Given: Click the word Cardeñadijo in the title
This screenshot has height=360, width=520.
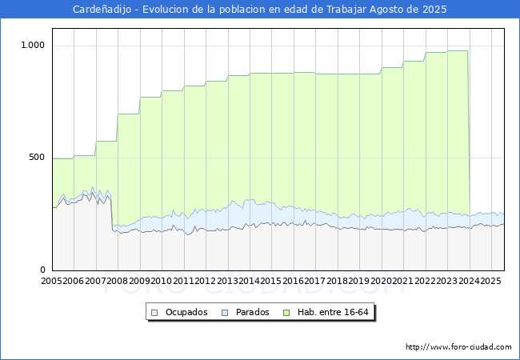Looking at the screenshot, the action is click(102, 10).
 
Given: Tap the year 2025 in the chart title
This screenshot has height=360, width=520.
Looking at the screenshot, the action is click(434, 10).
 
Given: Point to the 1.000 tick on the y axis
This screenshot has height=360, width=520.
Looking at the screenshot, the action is click(33, 45).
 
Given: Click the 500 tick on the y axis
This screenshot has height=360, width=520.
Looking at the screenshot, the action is click(37, 157).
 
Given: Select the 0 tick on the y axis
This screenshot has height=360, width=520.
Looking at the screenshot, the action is click(42, 270).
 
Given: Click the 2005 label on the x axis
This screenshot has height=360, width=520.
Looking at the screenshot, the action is click(51, 281).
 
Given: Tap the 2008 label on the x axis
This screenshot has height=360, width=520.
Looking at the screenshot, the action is click(117, 281).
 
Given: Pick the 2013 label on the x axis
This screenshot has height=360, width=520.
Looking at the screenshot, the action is click(227, 281).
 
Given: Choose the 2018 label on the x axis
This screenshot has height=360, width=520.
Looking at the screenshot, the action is click(337, 281).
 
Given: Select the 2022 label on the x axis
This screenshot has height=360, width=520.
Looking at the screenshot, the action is click(425, 281).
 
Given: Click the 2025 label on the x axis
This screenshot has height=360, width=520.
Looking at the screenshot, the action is click(490, 281).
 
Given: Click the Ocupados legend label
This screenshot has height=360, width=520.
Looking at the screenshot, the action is click(186, 312).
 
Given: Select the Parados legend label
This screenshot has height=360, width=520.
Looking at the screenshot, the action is click(252, 312).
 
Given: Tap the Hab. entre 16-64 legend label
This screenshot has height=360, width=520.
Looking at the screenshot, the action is click(333, 312).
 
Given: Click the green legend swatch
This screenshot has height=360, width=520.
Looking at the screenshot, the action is click(286, 313).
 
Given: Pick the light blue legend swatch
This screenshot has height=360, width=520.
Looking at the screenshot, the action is click(225, 313).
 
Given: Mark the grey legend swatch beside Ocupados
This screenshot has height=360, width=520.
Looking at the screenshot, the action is click(154, 313).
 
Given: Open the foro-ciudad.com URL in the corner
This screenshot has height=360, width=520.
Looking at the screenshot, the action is click(458, 347).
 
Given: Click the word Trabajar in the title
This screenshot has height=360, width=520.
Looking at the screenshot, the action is click(346, 10).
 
